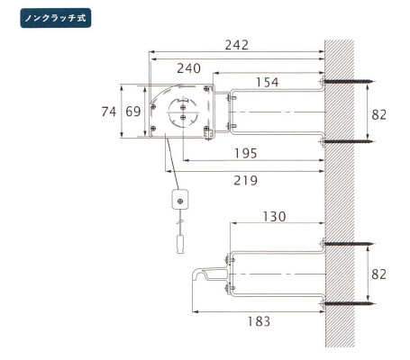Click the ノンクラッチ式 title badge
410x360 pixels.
[x=56, y=18]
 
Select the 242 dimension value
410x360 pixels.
[x=237, y=45]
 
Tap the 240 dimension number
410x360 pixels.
[x=188, y=68]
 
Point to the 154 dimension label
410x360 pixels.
[x=267, y=82]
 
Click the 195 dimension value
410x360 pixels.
[x=246, y=153]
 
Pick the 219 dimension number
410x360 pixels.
[x=246, y=181]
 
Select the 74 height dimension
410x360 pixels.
[x=109, y=112]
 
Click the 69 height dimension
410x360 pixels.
[x=133, y=112]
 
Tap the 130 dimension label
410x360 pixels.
[x=274, y=217]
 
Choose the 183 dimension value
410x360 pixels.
[x=259, y=321]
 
